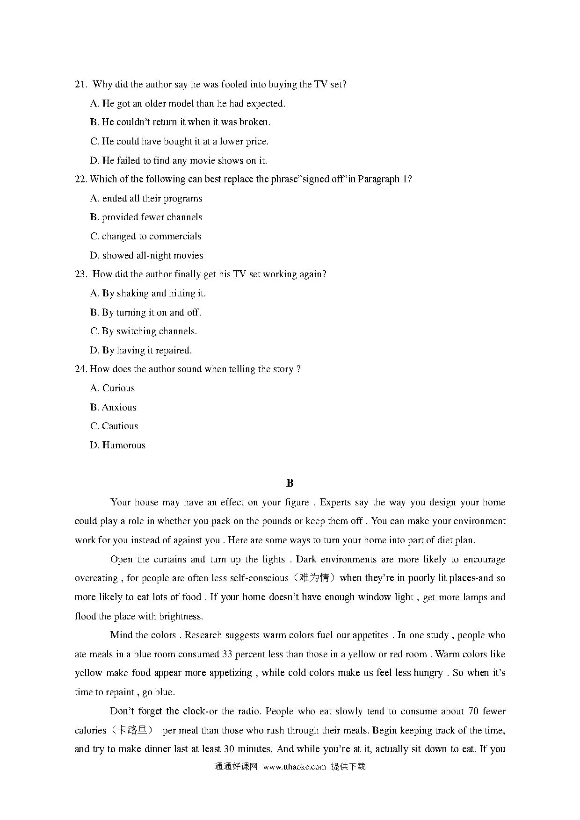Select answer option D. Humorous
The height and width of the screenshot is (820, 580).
point(117,445)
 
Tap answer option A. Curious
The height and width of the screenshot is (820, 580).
point(112,388)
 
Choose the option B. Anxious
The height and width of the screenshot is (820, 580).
point(113,407)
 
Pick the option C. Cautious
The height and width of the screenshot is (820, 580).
point(114,426)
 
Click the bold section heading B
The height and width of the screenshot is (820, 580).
point(290,483)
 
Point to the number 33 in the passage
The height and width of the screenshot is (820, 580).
point(227,654)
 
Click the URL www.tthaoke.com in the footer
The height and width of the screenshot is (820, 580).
point(294,767)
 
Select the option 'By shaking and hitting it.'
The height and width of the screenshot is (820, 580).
point(148,293)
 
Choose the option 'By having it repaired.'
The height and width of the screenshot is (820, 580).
point(141,350)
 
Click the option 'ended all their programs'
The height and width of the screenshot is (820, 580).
point(146,198)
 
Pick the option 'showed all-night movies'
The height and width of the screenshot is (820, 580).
point(146,255)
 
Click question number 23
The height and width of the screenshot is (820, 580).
point(80,274)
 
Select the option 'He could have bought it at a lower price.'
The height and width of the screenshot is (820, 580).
point(179,141)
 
